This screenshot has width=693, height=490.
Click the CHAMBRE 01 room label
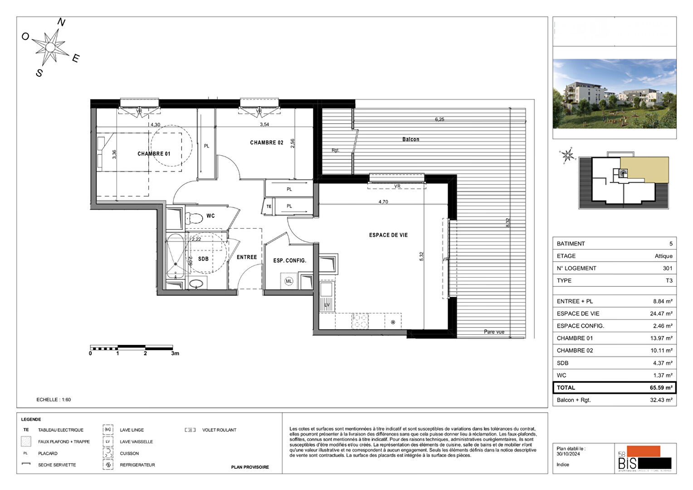[x=154, y=154]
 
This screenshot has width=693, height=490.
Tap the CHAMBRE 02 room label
[x=267, y=142]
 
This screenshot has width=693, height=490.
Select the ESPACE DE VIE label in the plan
[x=388, y=235]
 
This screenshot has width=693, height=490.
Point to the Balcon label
[x=411, y=139]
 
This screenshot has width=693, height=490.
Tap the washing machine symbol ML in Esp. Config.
[x=289, y=281]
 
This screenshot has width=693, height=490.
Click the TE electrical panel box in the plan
[x=269, y=206]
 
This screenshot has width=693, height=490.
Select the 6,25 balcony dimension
[x=439, y=119]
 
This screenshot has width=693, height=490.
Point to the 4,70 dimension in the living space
[x=383, y=202]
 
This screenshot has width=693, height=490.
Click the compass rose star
[x=50, y=47]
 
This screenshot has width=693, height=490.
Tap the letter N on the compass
[x=62, y=22]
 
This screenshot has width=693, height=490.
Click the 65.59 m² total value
[x=661, y=388]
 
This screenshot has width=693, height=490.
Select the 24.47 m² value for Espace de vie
[x=661, y=314]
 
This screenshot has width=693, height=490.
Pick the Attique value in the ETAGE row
[x=663, y=256]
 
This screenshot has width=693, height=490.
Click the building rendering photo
[x=614, y=93]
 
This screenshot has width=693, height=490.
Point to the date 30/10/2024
[x=568, y=454]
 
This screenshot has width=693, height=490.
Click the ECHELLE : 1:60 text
[x=54, y=400]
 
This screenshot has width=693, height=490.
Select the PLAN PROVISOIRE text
[x=250, y=467]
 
